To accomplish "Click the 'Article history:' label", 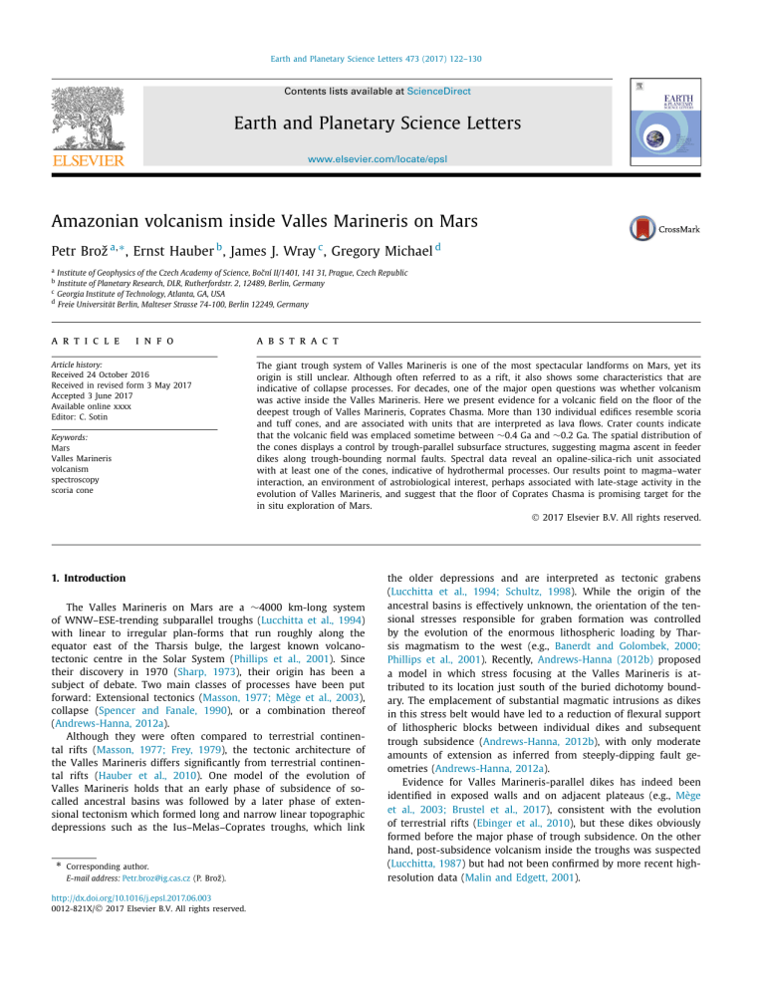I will pyautogui.click(x=82, y=367).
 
